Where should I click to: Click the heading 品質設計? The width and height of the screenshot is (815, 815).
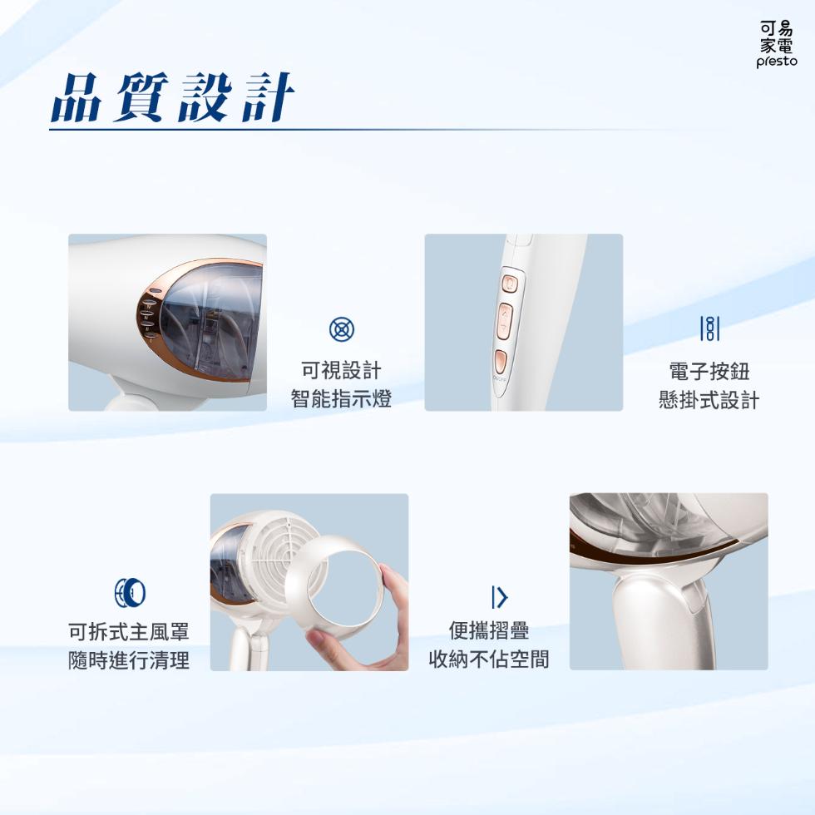(173, 97)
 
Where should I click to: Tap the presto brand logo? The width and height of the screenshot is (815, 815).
(777, 45)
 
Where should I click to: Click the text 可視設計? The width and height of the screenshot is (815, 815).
(341, 371)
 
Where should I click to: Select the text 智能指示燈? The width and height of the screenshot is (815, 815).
(341, 399)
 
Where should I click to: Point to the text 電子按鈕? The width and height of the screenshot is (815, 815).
(709, 372)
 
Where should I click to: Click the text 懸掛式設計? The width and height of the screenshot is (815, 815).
(709, 400)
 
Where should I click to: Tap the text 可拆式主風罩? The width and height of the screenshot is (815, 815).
(129, 632)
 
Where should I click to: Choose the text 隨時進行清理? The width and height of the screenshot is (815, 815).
(129, 660)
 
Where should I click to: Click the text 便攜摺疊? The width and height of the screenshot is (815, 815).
(489, 631)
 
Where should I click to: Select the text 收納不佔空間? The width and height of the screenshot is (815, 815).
(489, 659)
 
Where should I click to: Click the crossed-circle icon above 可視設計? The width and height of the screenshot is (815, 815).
(342, 329)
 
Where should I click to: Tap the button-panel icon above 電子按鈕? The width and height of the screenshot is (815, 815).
(709, 328)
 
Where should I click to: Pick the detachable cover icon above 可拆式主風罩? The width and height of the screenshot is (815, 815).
(130, 592)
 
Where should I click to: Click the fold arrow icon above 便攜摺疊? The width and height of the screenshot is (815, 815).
(499, 597)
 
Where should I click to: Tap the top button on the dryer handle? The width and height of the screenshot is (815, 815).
(509, 284)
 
